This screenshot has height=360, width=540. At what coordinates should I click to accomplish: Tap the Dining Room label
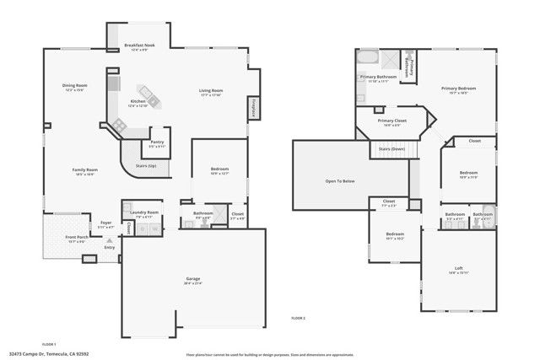pos(74,85)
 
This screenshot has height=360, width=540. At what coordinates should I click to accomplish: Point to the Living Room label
pos(210,90)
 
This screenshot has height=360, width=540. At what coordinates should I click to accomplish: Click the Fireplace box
pos(253,110)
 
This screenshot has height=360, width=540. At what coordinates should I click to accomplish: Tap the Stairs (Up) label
pos(146,165)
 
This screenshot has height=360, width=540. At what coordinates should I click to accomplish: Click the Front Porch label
pos(78,237)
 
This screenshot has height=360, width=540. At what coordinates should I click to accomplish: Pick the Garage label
pos(193,278)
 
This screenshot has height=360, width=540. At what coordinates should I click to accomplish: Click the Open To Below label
pos(339,180)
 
